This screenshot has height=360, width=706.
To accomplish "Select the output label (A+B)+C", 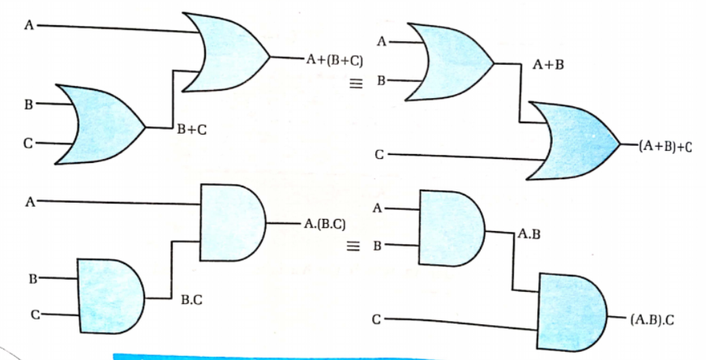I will click(661, 147).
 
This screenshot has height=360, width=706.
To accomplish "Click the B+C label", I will click(190, 129).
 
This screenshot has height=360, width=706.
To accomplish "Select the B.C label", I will click(191, 300).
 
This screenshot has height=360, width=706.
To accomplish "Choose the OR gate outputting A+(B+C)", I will click(225, 52).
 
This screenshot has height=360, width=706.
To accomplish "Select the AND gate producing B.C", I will click(109, 296).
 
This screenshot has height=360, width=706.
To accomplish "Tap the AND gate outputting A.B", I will click(450, 229).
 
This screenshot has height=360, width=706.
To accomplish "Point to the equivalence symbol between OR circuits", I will click(354, 83).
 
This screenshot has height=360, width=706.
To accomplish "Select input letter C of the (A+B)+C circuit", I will click(378, 153).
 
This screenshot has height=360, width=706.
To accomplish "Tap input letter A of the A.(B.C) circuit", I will click(29, 202).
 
